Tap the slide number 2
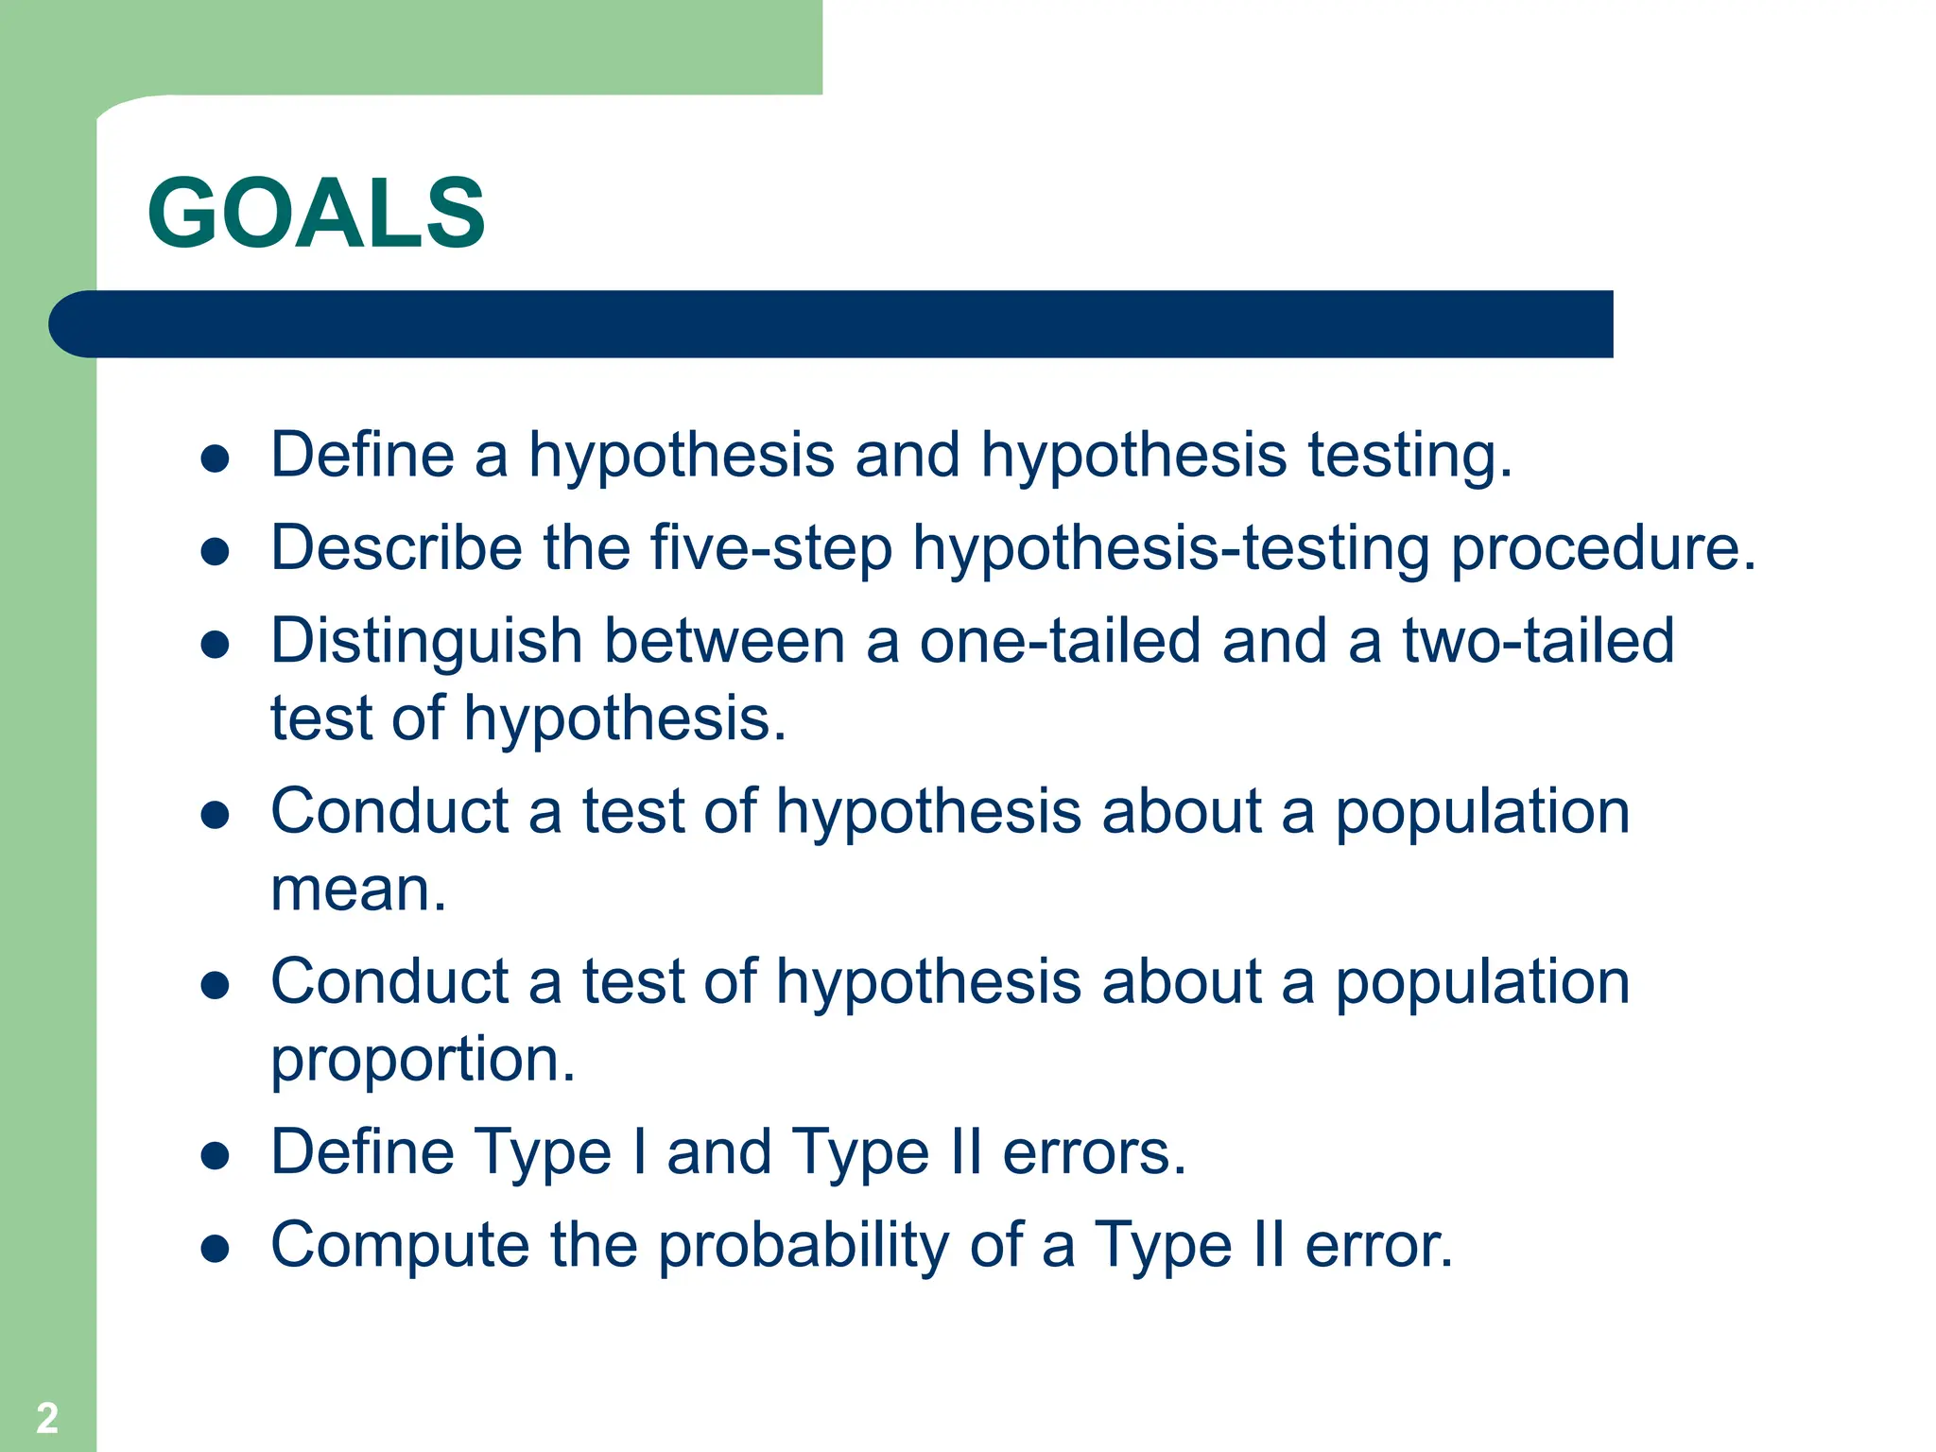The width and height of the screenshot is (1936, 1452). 47,1417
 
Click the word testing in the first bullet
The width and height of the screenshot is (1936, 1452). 1409,456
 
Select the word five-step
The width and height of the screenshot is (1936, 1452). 770,548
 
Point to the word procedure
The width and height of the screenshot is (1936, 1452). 1602,548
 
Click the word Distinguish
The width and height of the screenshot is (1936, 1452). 425,642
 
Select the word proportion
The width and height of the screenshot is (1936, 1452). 422,1060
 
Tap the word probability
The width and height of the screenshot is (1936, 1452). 803,1245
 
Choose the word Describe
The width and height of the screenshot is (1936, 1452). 396,548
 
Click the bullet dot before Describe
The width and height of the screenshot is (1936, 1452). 216,552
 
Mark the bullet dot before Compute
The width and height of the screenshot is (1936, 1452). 216,1249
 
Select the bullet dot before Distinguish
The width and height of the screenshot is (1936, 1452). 216,645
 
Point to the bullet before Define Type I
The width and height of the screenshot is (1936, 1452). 216,1155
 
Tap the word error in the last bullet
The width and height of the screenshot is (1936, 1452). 1378,1245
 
